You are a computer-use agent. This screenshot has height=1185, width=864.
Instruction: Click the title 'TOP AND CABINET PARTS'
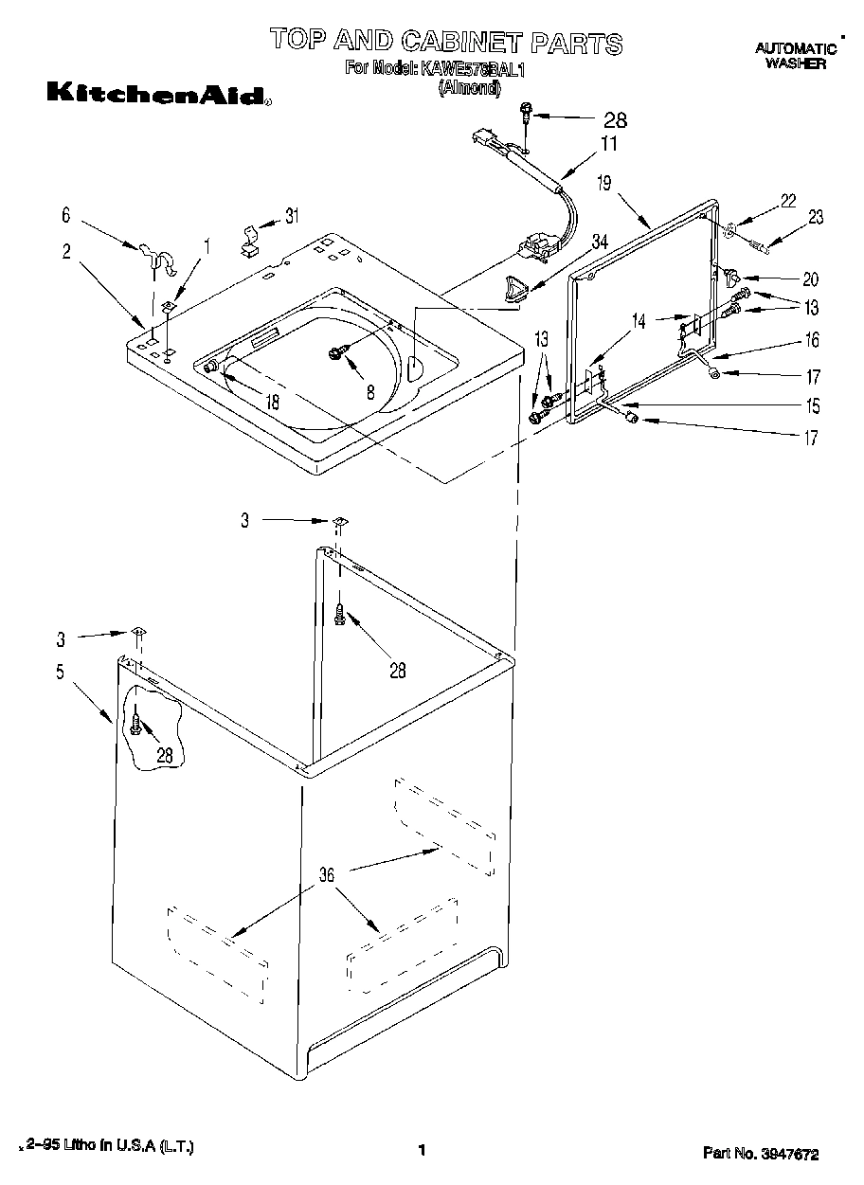[x=446, y=41]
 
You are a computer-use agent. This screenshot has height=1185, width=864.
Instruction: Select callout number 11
[x=608, y=144]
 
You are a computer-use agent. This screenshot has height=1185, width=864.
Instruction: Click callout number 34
[x=599, y=244]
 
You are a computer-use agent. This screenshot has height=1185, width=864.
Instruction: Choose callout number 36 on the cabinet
[x=326, y=875]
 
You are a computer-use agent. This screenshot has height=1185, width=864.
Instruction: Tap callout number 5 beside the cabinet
[x=60, y=673]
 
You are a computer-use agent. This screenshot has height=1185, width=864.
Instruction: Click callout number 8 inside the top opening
[x=370, y=390]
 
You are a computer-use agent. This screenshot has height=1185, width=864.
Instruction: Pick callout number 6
[x=65, y=216]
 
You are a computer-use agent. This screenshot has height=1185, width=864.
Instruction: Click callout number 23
[x=816, y=218]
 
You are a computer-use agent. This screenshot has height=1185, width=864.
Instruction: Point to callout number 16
[x=812, y=340]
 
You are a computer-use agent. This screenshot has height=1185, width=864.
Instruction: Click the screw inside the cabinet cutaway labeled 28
[x=137, y=725]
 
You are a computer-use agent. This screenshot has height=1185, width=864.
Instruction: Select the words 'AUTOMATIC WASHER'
[x=795, y=55]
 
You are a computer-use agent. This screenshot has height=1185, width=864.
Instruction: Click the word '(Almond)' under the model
[x=468, y=85]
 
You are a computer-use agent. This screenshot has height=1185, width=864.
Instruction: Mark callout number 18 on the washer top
[x=272, y=402]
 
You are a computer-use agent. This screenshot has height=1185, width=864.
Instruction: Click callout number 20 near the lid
[x=810, y=279]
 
